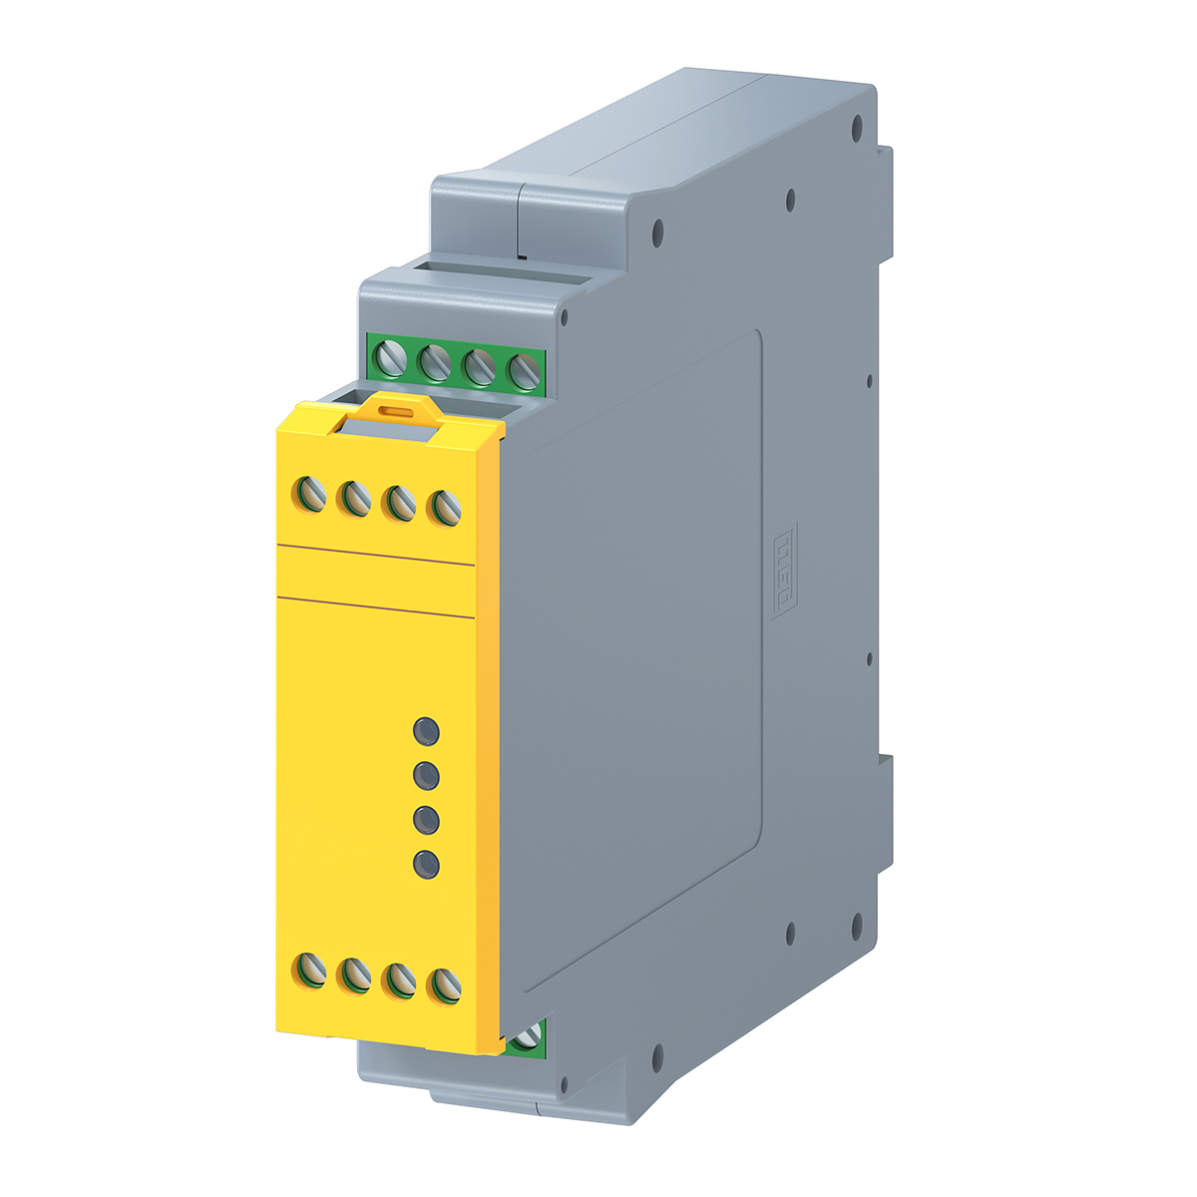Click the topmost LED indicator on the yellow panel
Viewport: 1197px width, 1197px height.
pos(427,731)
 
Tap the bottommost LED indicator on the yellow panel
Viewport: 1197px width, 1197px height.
pos(427,863)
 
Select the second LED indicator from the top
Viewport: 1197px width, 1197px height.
pos(427,775)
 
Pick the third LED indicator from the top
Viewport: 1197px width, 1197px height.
pos(427,819)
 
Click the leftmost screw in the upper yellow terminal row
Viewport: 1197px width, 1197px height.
pos(310,491)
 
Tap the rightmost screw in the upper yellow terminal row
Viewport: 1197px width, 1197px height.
pos(444,509)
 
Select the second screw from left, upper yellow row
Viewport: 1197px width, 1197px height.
pos(354,497)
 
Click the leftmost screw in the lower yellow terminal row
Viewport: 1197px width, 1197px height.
pos(310,969)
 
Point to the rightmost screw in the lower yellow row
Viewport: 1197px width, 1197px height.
pos(444,986)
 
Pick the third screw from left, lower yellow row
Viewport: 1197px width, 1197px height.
pos(400,980)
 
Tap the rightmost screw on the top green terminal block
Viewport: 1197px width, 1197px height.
pos(523,373)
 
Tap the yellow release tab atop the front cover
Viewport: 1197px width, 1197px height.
pos(398,411)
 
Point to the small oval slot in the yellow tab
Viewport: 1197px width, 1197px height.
pos(398,409)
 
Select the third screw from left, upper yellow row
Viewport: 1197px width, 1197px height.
pos(400,503)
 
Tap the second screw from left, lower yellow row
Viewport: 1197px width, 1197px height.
pos(354,975)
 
